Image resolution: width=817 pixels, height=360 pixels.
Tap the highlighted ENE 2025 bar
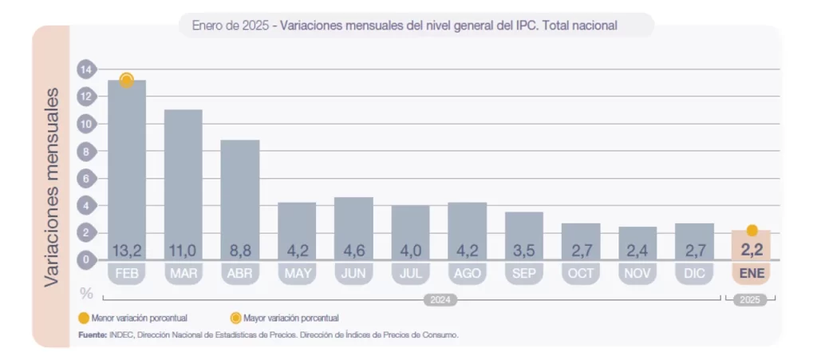[752, 244]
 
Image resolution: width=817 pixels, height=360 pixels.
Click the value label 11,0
[184, 250]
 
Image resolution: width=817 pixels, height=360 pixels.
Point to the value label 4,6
[353, 250]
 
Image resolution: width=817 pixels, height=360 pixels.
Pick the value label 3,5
[524, 250]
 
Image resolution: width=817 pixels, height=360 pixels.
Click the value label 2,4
[637, 250]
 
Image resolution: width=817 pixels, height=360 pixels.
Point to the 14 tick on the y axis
[86, 69]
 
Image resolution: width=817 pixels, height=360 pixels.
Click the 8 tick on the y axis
[86, 152]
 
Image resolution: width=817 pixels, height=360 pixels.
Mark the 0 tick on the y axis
[86, 260]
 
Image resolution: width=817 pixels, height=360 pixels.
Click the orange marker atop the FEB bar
[126, 80]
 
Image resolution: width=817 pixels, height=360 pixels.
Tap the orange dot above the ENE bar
[752, 231]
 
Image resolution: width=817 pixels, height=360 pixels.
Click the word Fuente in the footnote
[92, 334]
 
